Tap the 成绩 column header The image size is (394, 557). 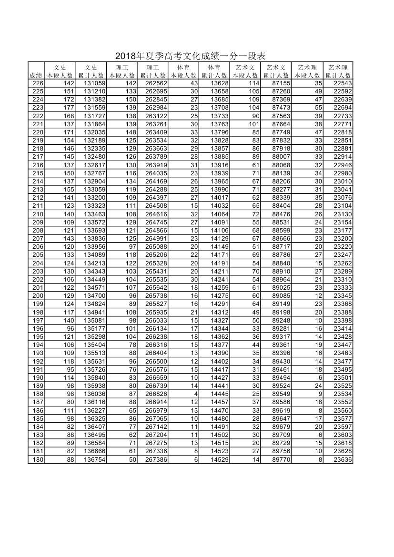(36, 75)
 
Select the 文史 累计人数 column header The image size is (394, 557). (91, 71)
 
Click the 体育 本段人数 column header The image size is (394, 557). (183, 71)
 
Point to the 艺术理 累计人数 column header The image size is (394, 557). (338, 71)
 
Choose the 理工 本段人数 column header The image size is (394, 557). (122, 71)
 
